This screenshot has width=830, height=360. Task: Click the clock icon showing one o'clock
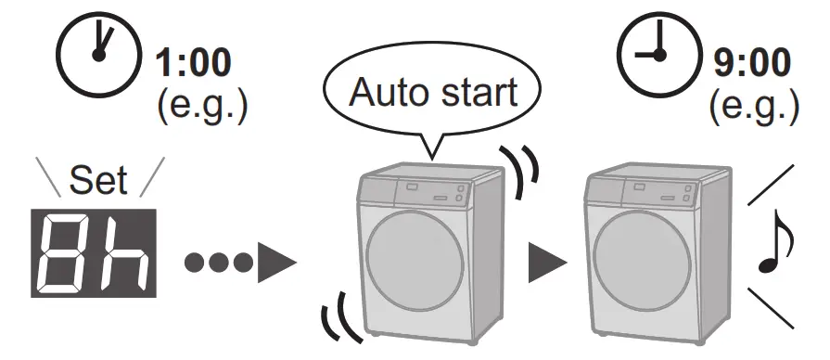click(98, 55)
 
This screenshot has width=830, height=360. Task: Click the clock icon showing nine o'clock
click(658, 55)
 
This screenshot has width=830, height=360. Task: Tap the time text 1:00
click(194, 62)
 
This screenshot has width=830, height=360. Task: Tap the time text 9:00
click(752, 62)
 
